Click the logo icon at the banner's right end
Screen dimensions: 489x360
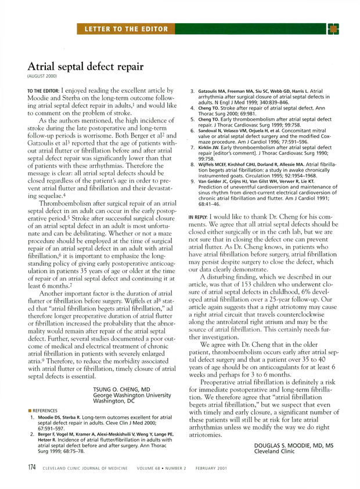333,29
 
